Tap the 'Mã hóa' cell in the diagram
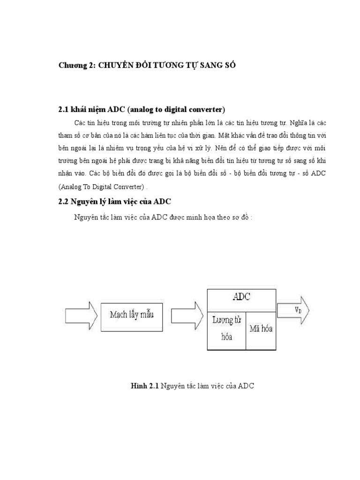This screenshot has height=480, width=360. pyautogui.click(x=261, y=329)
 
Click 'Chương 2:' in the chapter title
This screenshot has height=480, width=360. pyautogui.click(x=77, y=66)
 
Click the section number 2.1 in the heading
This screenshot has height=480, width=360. pyautogui.click(x=64, y=110)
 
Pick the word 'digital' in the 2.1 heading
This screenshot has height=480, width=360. pyautogui.click(x=167, y=110)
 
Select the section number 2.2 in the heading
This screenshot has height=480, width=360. pyautogui.click(x=64, y=202)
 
